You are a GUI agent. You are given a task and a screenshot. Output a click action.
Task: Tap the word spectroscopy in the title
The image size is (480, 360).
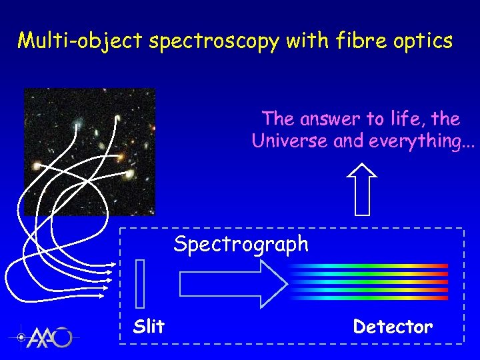coord(214,41)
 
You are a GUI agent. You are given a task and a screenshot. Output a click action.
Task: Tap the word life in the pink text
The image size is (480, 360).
coord(403,119)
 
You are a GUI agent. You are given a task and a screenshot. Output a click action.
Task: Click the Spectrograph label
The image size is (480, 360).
coord(241,244)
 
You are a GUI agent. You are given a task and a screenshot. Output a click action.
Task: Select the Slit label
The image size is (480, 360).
coord(149,327)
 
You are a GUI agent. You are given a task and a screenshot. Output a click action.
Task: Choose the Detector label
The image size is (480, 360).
coord(393,327)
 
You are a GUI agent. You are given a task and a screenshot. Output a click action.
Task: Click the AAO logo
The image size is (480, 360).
coord(44,337)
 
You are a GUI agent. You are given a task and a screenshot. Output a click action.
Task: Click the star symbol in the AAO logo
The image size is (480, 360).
coord(22,337)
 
